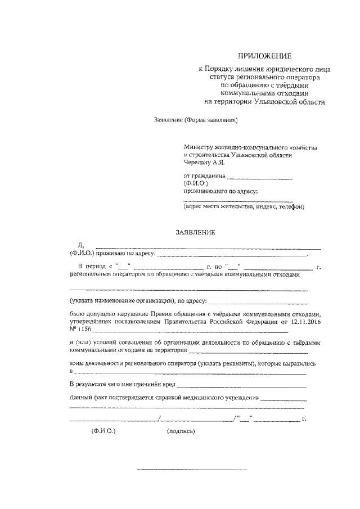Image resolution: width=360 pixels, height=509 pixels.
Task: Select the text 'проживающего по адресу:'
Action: coord(220,191)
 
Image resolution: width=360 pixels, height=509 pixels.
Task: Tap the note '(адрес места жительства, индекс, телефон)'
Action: coord(244,207)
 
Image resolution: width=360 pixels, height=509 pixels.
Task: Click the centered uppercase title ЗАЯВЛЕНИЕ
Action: coord(195,232)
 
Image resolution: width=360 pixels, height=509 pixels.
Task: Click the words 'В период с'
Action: coord(94,266)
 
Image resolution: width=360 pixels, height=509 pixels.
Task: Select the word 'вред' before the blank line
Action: coord(169,385)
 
